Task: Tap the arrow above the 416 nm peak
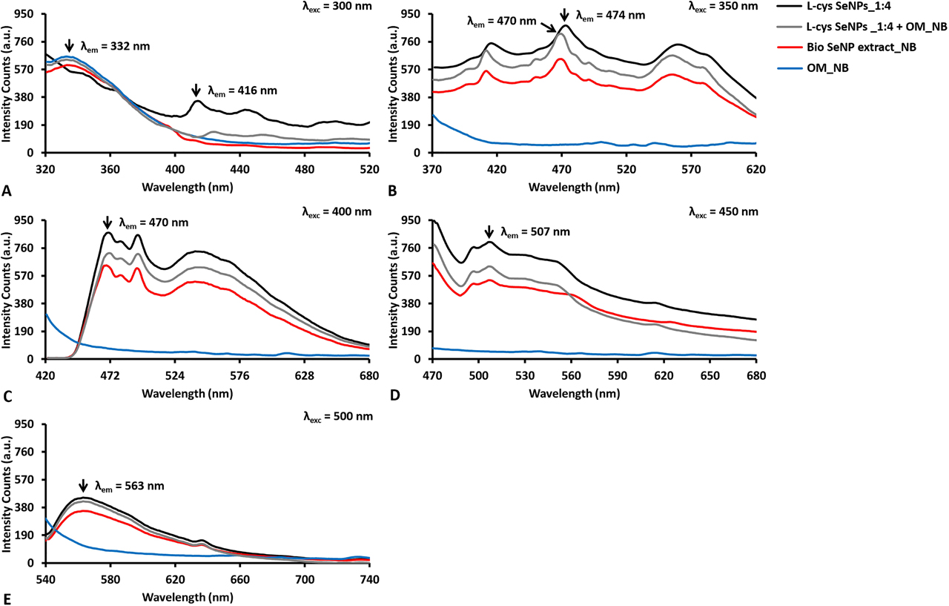click(196, 90)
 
